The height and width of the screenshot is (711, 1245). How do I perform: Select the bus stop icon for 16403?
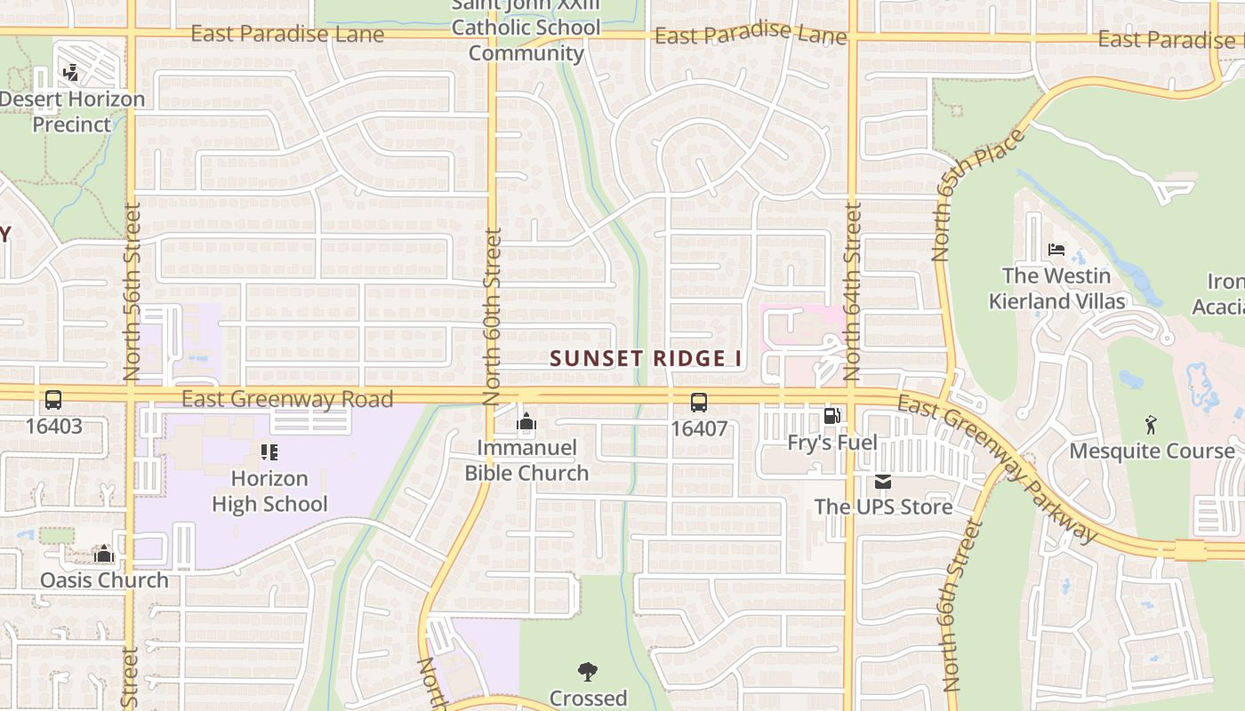(53, 400)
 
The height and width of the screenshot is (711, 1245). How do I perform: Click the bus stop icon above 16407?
(699, 403)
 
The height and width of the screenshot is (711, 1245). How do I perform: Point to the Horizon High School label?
(269, 491)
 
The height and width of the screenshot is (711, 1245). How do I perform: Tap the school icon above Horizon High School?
(269, 452)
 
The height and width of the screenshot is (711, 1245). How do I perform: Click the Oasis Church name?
(104, 580)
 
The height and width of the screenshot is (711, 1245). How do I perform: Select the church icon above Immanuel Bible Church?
(526, 421)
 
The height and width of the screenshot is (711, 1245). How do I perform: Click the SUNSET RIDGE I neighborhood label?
(647, 359)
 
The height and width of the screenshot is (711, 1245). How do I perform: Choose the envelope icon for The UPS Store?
(883, 482)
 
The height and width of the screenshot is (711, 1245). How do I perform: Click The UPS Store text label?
(883, 507)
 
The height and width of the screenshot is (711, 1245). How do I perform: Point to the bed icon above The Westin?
(1056, 250)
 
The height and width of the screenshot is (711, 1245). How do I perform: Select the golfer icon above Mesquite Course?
(1153, 425)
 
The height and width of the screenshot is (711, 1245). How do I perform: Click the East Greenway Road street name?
(287, 399)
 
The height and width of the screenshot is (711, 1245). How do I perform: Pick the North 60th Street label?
(493, 316)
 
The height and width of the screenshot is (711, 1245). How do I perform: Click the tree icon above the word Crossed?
(587, 672)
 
